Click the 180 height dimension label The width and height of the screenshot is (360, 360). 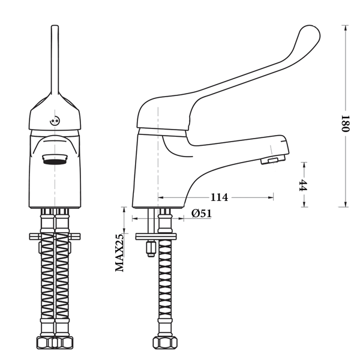point(345,124)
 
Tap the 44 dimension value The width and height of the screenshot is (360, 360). point(304,185)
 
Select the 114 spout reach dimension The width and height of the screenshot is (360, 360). point(220,197)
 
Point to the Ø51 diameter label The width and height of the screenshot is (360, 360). point(202,214)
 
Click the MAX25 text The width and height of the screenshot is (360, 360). point(119,253)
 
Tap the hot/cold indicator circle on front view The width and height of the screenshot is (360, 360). point(55,121)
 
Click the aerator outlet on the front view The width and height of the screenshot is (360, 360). point(55,160)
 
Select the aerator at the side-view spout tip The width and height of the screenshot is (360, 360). point(273,159)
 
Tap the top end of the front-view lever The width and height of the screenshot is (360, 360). point(55,26)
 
